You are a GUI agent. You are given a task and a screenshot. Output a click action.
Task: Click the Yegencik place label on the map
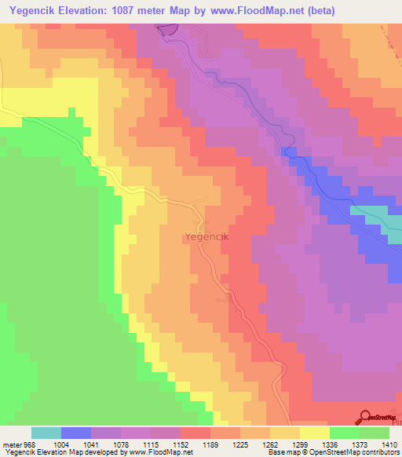coord(206,236)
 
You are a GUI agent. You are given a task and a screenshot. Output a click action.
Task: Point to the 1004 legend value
coord(61,444)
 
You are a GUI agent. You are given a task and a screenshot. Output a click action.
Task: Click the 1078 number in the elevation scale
coord(120,444)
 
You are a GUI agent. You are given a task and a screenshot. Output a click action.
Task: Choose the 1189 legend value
coord(209,444)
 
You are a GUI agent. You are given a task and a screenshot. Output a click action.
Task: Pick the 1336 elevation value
coord(327,444)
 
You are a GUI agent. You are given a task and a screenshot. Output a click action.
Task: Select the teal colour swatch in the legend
coord(46,433)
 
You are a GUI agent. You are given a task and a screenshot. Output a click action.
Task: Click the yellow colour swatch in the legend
coord(314,433)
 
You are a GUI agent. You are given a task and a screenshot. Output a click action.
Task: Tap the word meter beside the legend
coord(11,444)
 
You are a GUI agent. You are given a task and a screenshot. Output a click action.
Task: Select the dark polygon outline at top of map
coord(168,29)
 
